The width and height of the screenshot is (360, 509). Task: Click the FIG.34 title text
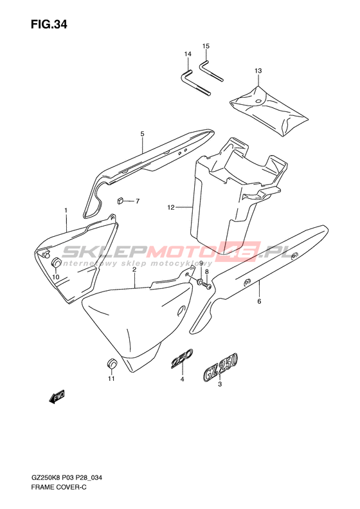(x=49, y=24)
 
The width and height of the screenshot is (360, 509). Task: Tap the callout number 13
(x=258, y=70)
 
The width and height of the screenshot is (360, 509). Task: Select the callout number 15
(x=206, y=46)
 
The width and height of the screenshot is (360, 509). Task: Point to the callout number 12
(x=171, y=207)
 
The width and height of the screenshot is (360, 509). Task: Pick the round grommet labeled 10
(x=57, y=262)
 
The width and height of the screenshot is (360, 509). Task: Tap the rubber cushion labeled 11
(x=112, y=364)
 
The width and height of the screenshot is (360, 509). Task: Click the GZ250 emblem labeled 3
(x=221, y=366)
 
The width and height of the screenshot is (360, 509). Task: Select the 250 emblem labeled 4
(x=182, y=359)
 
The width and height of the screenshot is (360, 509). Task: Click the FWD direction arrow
(x=57, y=396)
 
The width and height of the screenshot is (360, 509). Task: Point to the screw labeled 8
(x=207, y=286)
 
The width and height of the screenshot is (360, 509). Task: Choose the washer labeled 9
(x=200, y=281)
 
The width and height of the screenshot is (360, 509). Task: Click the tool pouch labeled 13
(x=268, y=111)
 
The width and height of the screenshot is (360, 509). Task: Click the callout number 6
(x=259, y=302)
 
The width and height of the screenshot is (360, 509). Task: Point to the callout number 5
(x=142, y=134)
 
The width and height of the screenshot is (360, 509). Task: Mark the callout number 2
(x=134, y=270)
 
